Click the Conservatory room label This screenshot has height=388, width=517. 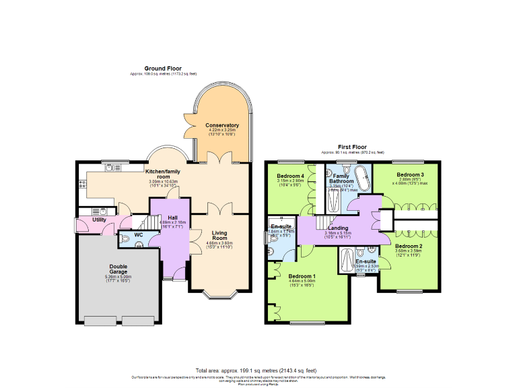tap(222, 125)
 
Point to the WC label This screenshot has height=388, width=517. tap(138, 234)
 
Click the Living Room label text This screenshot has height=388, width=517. tap(220, 236)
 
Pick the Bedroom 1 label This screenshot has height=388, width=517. tap(302, 276)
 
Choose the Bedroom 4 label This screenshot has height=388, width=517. tap(290, 176)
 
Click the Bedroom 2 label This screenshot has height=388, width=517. tap(409, 246)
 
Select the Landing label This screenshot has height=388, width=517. tap(338, 228)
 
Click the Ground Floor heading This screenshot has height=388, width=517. tap(164, 68)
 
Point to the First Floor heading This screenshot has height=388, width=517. tap(353, 146)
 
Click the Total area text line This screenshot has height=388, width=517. tap(256, 370)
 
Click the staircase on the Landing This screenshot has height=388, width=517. tap(327, 222)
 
